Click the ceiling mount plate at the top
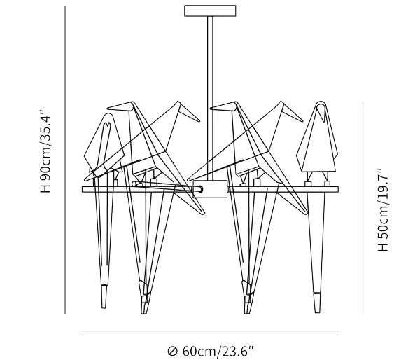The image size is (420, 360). (210, 11)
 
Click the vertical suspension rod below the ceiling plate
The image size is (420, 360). (210, 98)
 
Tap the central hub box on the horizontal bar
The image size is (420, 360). (210, 189)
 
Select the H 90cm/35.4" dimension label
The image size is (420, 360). (45, 151)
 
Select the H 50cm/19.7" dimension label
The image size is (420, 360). (383, 210)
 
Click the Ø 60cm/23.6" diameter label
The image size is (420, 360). (210, 351)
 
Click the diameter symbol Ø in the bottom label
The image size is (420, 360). (173, 352)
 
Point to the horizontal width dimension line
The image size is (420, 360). (210, 331)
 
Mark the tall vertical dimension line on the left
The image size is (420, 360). (65, 160)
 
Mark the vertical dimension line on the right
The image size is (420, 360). (363, 207)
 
